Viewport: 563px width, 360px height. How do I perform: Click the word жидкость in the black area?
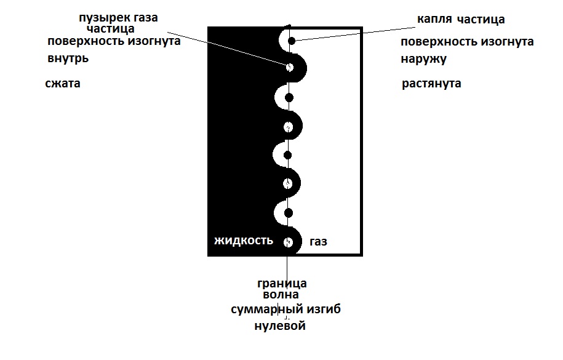tap(244, 241)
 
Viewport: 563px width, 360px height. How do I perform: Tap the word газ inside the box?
tap(318, 242)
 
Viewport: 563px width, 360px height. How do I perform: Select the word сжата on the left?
tap(63, 83)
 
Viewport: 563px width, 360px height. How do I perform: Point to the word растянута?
tap(431, 84)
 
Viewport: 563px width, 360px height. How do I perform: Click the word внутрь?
tap(68, 58)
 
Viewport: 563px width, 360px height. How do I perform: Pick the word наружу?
tap(424, 59)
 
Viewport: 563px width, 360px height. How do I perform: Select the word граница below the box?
tap(282, 284)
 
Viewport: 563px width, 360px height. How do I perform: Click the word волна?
tap(281, 295)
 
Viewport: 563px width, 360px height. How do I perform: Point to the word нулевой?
tap(280, 326)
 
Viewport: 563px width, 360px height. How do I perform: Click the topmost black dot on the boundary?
tap(292, 41)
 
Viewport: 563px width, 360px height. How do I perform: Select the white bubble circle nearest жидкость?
tap(288, 242)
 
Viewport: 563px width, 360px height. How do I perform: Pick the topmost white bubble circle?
tap(289, 67)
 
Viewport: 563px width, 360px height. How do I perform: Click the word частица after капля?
tap(481, 20)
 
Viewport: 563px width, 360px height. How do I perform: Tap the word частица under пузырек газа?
tap(111, 28)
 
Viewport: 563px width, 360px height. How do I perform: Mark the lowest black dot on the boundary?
tap(289, 213)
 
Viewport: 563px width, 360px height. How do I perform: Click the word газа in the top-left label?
tap(145, 18)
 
